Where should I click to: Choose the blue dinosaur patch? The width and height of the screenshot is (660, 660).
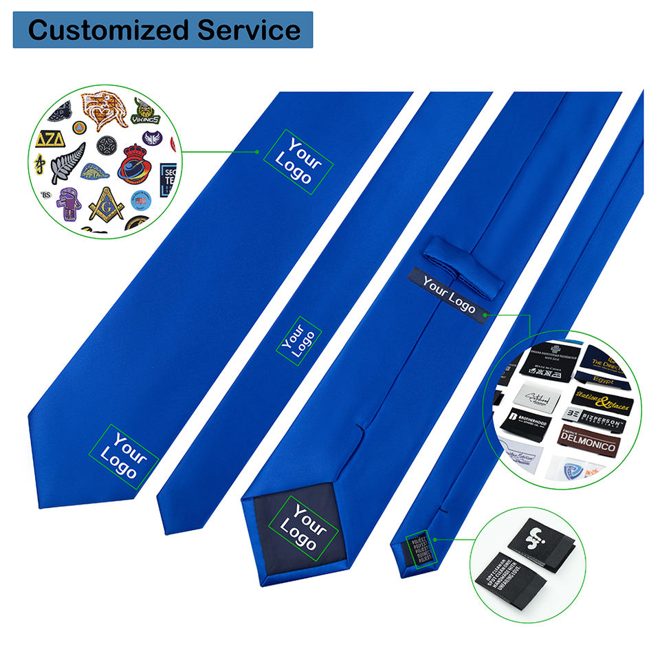[x=96, y=172]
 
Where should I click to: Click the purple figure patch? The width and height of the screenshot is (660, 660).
[x=68, y=204]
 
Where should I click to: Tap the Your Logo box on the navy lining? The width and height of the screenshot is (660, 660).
[x=302, y=527]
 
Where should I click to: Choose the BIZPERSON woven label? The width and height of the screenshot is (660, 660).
[x=595, y=416]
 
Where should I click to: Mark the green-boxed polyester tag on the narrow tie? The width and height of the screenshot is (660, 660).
[x=415, y=549]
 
